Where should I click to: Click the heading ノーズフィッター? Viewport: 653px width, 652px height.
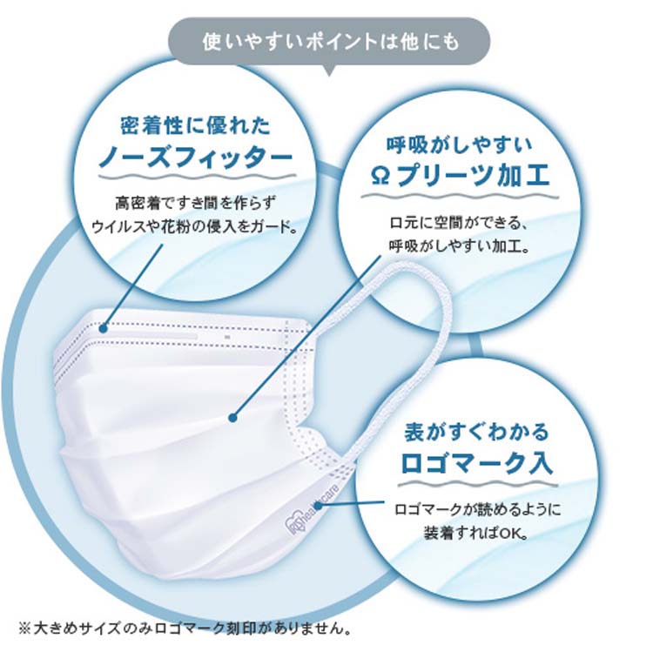[196, 158]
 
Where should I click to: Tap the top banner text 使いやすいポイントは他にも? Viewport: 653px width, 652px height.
[331, 42]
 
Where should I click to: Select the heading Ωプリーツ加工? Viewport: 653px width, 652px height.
[460, 176]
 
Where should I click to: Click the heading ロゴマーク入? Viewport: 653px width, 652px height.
[476, 463]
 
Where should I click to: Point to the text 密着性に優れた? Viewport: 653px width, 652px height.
[196, 125]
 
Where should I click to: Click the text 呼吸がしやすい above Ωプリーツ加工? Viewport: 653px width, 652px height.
[460, 145]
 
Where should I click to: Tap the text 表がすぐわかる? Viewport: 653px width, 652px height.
[477, 432]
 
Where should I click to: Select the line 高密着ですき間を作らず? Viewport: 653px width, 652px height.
[196, 204]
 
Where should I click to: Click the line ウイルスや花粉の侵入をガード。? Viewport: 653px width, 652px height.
[196, 227]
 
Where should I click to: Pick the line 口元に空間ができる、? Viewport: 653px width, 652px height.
[460, 224]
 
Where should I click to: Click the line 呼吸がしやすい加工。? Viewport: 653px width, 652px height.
[460, 246]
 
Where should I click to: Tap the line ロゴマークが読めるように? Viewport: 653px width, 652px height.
[477, 509]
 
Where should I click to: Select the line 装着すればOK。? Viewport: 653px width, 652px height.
[476, 533]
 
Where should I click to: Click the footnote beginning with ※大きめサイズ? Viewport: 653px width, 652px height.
[185, 628]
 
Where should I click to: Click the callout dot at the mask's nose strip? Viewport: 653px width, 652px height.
[104, 329]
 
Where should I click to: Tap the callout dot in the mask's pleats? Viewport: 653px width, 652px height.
[232, 417]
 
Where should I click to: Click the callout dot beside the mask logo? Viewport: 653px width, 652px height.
[318, 506]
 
